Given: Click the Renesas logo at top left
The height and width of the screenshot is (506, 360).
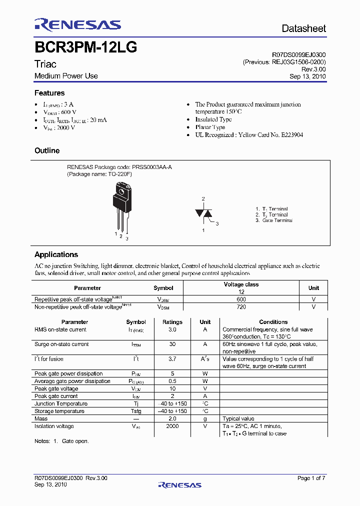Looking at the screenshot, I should pos(77,25).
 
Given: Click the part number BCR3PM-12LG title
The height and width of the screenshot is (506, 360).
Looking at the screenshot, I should pos(85,48).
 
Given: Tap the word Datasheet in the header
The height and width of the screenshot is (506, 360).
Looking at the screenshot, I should pos(303,28).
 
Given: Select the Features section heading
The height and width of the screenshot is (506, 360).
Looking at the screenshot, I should pos(49,93).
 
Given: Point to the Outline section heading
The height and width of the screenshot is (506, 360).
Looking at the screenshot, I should pos(47,150).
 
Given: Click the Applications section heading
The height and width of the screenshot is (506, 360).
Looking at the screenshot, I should pos(56,254).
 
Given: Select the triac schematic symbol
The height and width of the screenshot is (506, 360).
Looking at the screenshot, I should pos(203,213).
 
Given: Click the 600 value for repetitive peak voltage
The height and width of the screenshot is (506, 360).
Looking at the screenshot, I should pos(241,299).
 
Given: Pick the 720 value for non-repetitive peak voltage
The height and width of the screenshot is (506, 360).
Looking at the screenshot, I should pos(241,307).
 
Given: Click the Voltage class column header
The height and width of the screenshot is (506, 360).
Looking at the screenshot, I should pos(241,284).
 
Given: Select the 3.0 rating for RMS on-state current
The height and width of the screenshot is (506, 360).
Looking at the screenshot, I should pos(172,330).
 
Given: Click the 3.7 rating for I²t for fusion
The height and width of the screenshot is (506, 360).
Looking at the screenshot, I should pos(172,359).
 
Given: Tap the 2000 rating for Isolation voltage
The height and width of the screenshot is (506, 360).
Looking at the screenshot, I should pos(172,426).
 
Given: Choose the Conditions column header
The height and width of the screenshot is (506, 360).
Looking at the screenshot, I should pos(273,322).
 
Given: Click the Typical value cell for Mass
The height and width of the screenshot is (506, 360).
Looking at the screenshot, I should pos(238,419).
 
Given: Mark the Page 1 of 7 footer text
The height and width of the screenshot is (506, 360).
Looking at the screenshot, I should pos(311,478).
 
